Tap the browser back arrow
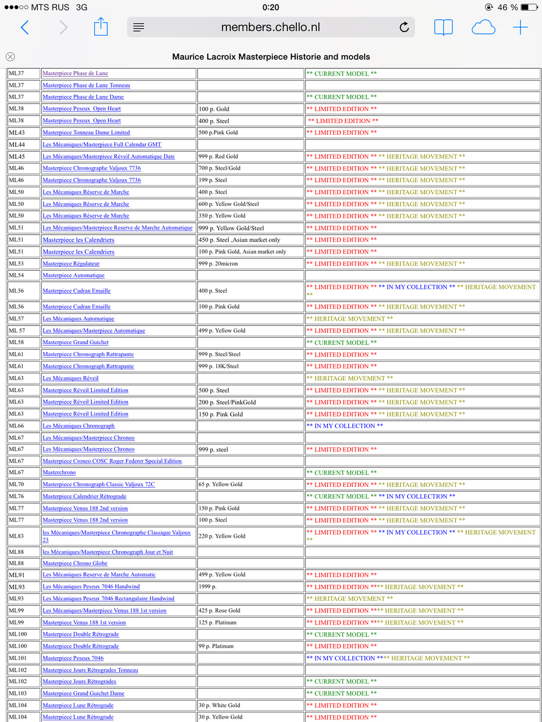tap(25, 27)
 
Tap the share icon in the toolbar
tap(100, 27)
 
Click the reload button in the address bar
tap(404, 27)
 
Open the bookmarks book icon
tap(443, 27)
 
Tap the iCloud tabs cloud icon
tap(483, 27)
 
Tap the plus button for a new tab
tap(520, 27)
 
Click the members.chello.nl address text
tap(270, 27)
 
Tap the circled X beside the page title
tap(10, 56)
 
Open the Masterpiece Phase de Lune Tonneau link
tap(86, 85)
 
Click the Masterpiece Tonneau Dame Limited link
tap(86, 133)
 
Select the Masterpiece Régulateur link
tap(71, 263)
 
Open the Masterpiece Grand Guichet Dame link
tap(84, 693)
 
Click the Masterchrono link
tap(59, 473)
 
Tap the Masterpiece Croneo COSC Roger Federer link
tap(112, 461)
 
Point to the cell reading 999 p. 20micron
tap(218, 263)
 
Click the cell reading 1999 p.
tap(208, 587)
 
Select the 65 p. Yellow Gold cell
tap(221, 485)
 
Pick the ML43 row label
tap(17, 133)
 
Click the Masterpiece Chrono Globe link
tap(75, 563)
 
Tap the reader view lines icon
tap(139, 27)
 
